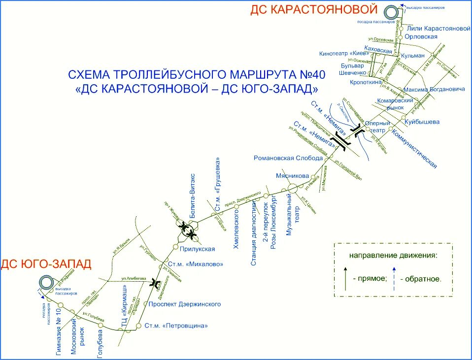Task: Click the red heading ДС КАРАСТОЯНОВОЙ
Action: point(314,10)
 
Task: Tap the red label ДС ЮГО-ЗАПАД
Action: point(46,264)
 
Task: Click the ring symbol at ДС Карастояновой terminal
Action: point(392,13)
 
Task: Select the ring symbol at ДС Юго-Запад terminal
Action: point(47,283)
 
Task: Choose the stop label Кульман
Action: point(413,56)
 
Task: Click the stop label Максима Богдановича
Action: point(434,90)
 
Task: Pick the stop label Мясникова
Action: point(293,176)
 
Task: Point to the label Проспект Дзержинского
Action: point(185,304)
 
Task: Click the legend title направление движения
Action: point(393,255)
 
